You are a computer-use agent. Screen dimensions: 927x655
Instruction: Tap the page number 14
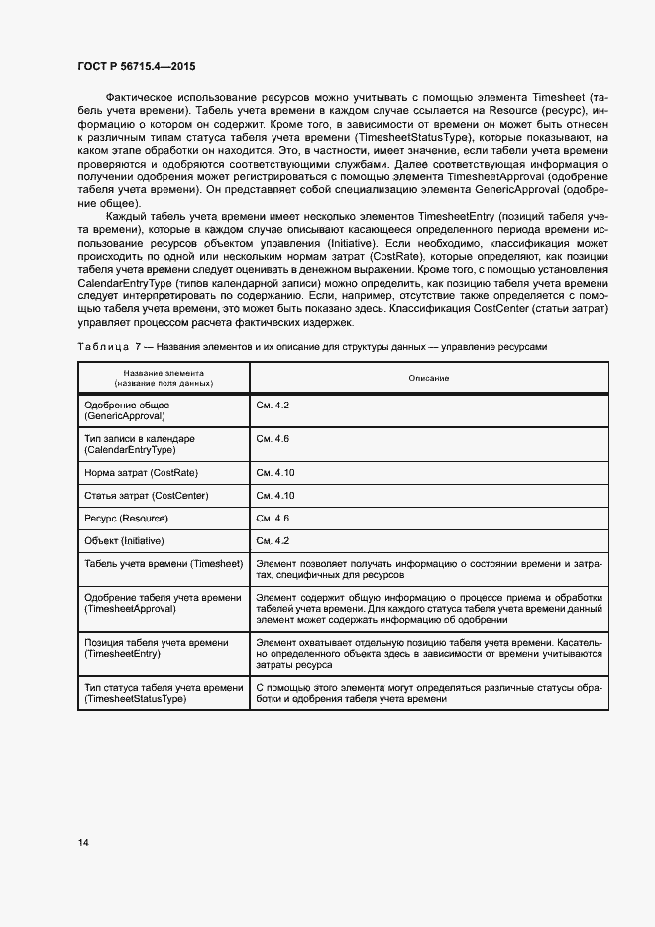pyautogui.click(x=83, y=843)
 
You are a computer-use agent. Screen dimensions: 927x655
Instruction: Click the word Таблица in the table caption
pyautogui.click(x=100, y=347)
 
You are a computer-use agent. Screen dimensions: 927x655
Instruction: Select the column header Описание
pyautogui.click(x=428, y=378)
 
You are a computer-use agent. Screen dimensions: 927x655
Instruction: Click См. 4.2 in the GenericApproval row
pyautogui.click(x=273, y=406)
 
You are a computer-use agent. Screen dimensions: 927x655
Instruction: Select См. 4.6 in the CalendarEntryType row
pyautogui.click(x=273, y=438)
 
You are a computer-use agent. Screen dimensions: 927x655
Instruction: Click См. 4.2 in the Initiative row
pyautogui.click(x=273, y=541)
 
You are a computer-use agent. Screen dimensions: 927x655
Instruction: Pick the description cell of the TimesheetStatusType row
pyautogui.click(x=428, y=693)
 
